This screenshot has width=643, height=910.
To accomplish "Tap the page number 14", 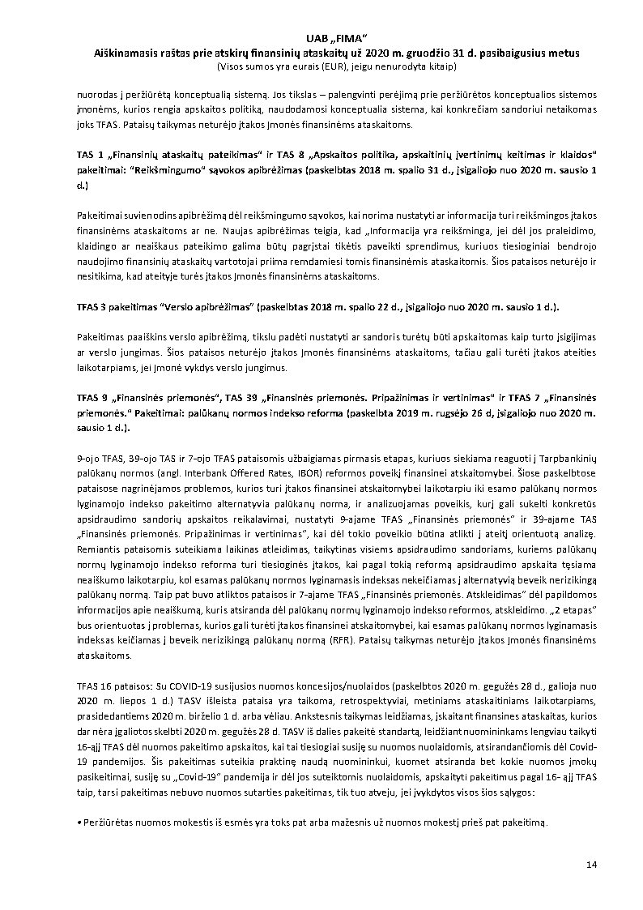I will [x=592, y=865].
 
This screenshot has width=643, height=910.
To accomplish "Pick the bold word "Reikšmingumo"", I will [x=161, y=170].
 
